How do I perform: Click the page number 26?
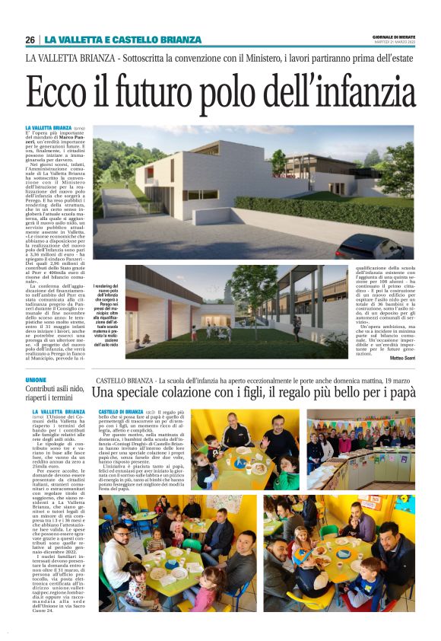(30, 40)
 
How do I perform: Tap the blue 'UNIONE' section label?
(36, 379)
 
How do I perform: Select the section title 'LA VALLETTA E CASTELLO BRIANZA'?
(122, 40)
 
